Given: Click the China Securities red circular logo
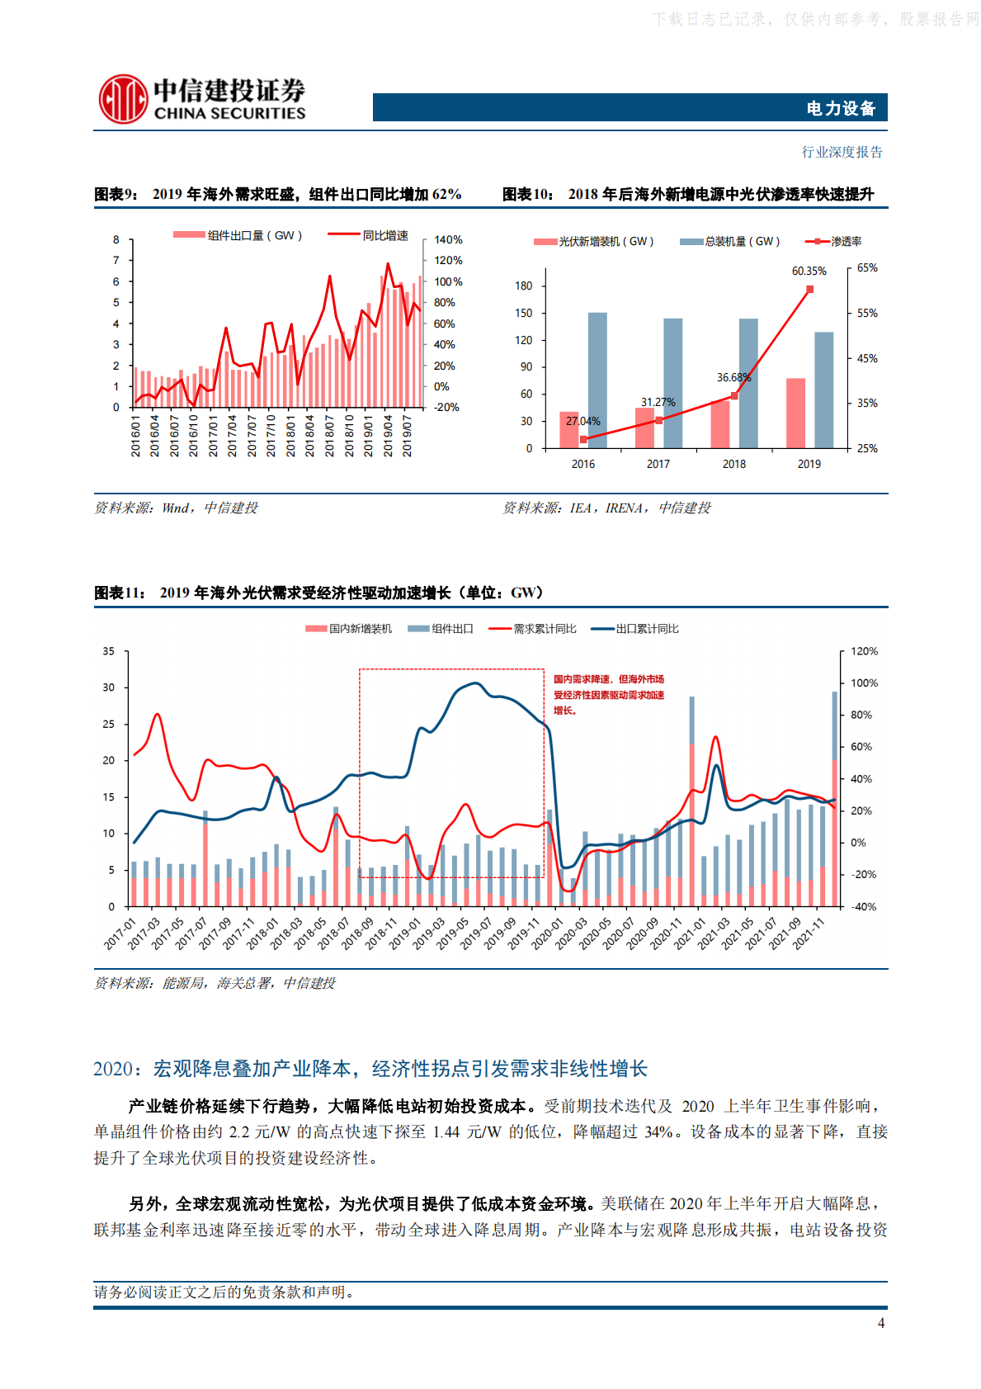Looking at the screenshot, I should point(123,99).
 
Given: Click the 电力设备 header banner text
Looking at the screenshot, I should point(840,108).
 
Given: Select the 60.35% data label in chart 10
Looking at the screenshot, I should point(809,271).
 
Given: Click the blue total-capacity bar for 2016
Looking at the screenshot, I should point(597,380).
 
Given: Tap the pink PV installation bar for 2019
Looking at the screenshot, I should point(795,413).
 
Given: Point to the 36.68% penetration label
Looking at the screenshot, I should point(733,377).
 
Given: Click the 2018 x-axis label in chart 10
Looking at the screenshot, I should point(733,464).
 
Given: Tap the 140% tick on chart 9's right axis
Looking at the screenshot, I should point(448,240).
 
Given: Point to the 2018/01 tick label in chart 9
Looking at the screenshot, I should point(290,436).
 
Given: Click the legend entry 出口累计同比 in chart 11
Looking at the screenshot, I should point(647,629).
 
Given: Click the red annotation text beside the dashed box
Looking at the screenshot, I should point(608,694).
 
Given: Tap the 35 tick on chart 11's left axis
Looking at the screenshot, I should point(109,651).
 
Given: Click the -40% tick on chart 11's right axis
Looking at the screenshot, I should point(864,906).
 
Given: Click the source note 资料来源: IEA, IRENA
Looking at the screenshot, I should point(606,508).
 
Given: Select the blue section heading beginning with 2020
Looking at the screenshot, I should point(370,1069).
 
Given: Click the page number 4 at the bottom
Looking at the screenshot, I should point(880,1323).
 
